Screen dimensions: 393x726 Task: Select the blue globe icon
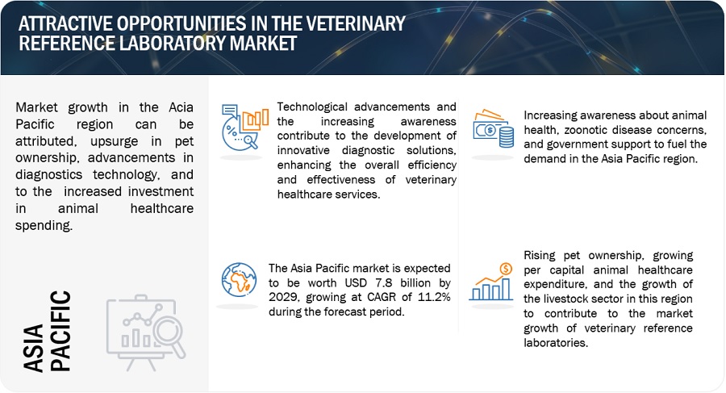tap(240, 279)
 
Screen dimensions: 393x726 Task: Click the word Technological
tap(315, 107)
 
